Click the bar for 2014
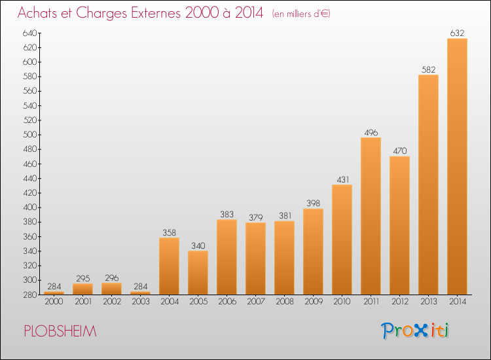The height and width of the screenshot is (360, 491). (x=457, y=167)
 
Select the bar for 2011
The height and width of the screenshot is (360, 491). (x=371, y=216)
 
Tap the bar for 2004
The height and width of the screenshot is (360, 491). (x=169, y=266)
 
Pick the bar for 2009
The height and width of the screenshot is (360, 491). (x=313, y=251)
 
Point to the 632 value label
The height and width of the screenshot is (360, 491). (x=457, y=33)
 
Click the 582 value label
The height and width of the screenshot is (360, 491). (x=428, y=69)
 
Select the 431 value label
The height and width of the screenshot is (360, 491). (x=342, y=179)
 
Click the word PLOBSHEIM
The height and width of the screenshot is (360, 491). (x=60, y=332)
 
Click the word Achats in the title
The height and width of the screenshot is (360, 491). (x=38, y=14)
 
